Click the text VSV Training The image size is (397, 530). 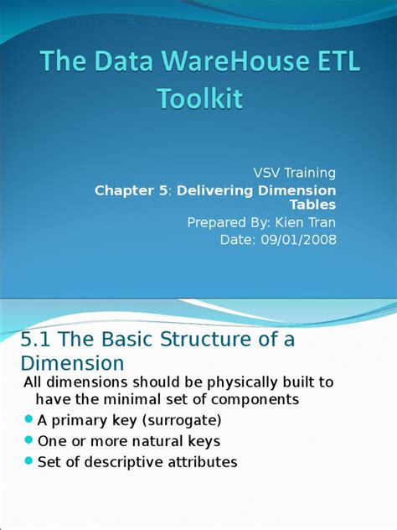click(x=295, y=173)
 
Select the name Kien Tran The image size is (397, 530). click(x=301, y=222)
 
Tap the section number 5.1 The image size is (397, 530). click(x=35, y=340)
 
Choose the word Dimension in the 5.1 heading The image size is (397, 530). click(x=71, y=363)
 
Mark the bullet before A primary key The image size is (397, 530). click(x=28, y=418)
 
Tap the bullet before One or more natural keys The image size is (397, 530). click(x=28, y=439)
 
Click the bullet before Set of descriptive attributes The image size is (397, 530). click(x=28, y=460)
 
